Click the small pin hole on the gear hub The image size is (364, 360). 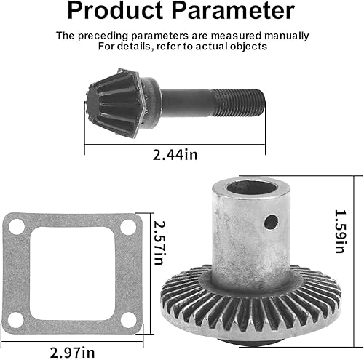coord(270,221)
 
